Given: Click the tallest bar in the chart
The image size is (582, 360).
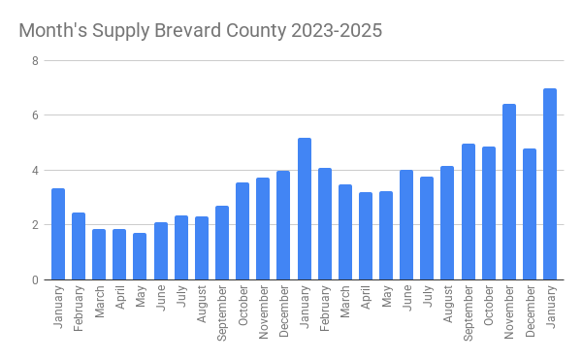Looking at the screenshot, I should pos(550,184).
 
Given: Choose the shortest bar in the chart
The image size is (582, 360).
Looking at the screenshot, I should pos(140,256).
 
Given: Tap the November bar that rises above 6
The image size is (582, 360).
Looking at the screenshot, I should pos(509,192).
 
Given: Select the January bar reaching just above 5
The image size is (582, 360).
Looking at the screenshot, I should pos(305,209).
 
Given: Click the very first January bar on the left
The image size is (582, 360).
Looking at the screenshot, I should pos(58,234).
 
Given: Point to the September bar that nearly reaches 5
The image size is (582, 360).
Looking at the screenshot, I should pos(469,212).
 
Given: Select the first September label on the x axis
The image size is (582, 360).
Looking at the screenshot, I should pos(222,311).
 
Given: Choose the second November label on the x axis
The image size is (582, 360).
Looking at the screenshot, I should pos(509,310).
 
